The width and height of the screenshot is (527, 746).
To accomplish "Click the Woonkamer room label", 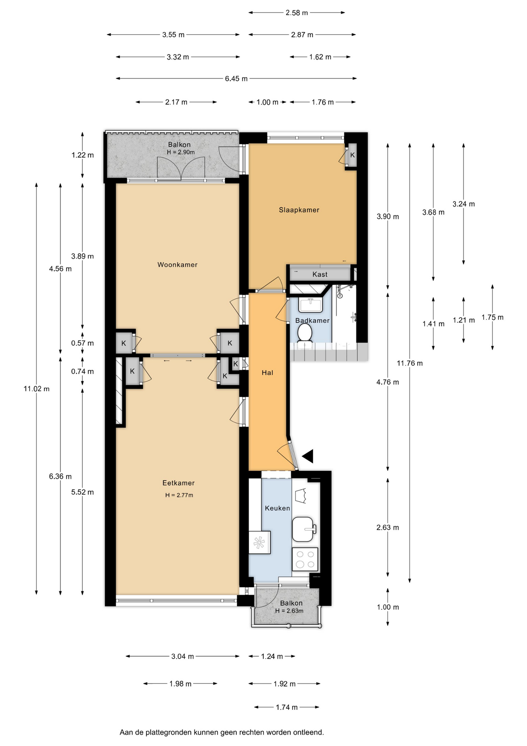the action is click(x=177, y=265).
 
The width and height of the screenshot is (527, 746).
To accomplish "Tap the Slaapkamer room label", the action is click(x=299, y=210).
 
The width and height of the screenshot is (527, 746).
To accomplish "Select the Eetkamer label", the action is click(x=179, y=483).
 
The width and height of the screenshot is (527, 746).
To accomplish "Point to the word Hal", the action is click(x=267, y=373).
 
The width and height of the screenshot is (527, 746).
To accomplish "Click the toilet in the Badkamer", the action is click(x=305, y=333).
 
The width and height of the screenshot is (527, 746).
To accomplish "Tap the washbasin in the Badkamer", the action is click(x=310, y=305).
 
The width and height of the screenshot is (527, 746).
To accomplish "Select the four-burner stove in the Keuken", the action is click(x=305, y=559).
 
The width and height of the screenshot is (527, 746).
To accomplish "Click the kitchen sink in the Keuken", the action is click(x=303, y=529).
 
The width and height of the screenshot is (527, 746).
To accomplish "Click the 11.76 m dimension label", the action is click(x=410, y=363).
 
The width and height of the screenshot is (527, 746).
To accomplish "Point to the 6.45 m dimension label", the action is click(x=236, y=78).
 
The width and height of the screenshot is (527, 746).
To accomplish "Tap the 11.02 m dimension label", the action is click(x=36, y=389).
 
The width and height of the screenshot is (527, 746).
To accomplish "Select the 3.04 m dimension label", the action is click(x=182, y=656).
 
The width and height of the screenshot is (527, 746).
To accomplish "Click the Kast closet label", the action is click(x=320, y=274).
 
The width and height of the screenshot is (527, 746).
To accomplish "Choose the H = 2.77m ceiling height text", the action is click(x=179, y=495).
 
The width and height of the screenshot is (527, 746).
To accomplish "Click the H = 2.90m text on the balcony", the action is click(x=181, y=152).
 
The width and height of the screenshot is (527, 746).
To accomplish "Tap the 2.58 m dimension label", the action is click(x=297, y=13).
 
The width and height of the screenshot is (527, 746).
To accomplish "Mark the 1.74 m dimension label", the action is click(x=287, y=707).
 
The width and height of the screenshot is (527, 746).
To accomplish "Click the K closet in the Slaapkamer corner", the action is click(x=352, y=155).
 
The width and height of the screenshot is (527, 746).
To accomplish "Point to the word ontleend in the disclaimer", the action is click(x=309, y=732).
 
